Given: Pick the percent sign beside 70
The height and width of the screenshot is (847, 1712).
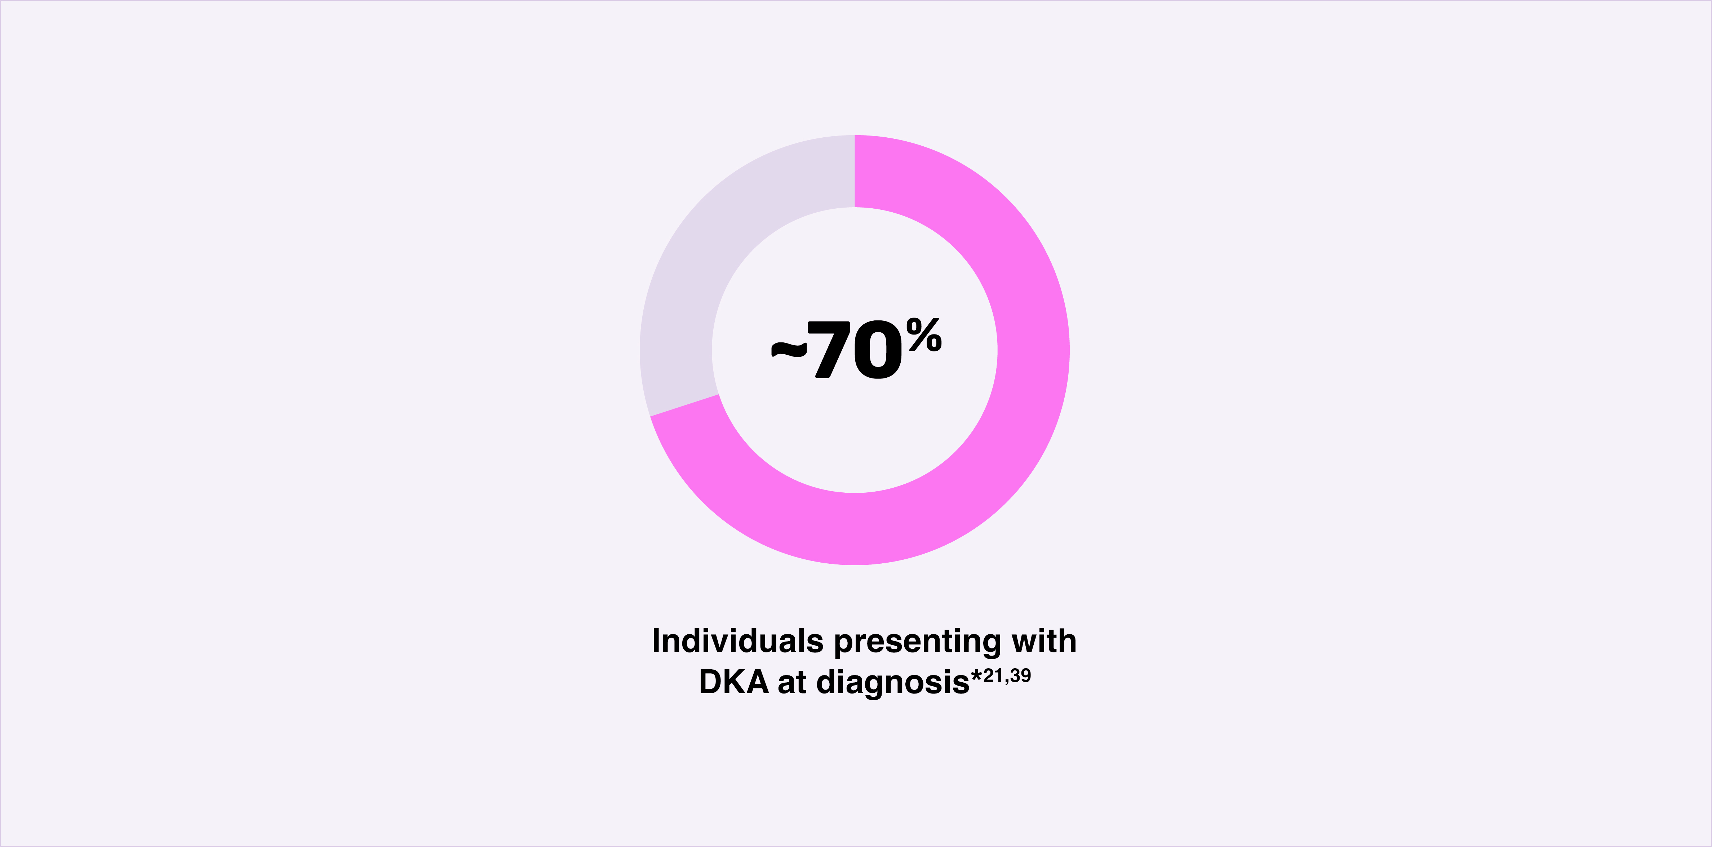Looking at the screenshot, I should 924,334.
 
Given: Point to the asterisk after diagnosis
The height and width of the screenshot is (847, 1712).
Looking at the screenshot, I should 976,676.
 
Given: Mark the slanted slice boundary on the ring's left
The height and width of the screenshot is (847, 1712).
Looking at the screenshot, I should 684,405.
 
